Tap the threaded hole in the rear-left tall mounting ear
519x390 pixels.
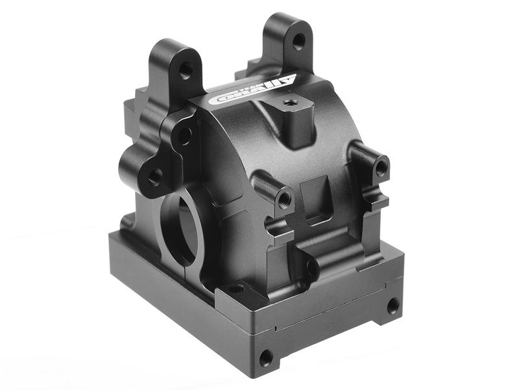pos(186,68)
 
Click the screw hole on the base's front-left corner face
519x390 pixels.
pos(265,357)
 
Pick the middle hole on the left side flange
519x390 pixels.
pos(184,136)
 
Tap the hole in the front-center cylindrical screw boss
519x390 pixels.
pos(284,198)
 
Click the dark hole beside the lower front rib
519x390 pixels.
pos(312,268)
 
